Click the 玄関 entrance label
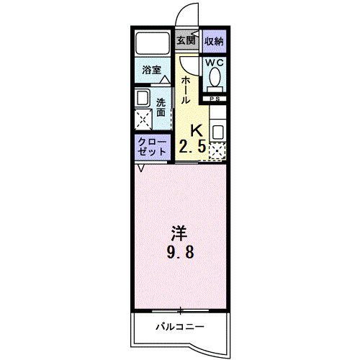[186, 41]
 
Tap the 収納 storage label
[213, 41]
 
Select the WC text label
[215, 63]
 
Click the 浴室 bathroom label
[150, 71]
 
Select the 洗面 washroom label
[161, 107]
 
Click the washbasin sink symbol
[143, 98]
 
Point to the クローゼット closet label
[152, 148]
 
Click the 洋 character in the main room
[179, 233]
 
